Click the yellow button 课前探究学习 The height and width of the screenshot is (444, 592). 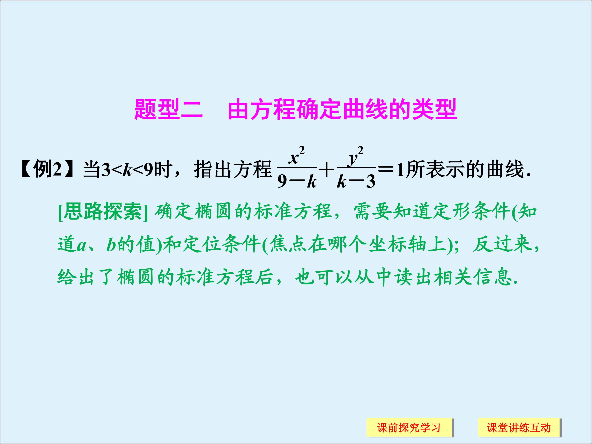pos(409,427)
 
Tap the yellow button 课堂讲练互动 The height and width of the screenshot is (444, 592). pos(519,427)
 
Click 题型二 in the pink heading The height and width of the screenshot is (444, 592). pos(168,109)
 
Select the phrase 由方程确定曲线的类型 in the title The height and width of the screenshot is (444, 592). pos(342,109)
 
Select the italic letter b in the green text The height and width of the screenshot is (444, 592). pos(111,245)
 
